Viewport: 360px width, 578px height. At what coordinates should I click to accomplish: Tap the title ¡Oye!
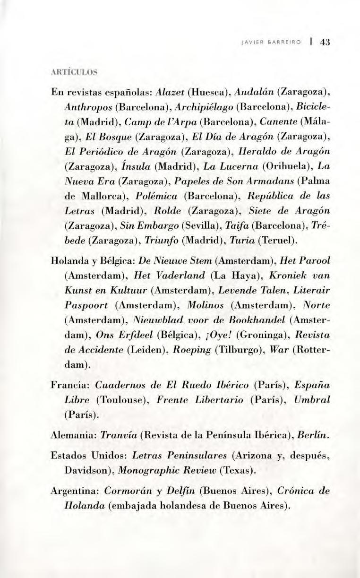(216, 335)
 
